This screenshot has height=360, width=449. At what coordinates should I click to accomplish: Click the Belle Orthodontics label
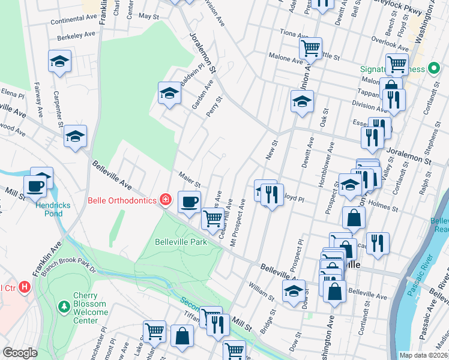[x=122, y=200]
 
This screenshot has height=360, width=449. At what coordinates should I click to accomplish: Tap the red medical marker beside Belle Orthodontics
[x=165, y=199]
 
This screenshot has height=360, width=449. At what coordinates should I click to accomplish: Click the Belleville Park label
[x=181, y=242]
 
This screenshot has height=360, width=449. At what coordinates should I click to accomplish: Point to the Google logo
[x=20, y=353]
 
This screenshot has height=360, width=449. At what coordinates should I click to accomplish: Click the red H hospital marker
[x=25, y=287]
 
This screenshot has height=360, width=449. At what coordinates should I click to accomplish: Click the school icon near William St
[x=293, y=292]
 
